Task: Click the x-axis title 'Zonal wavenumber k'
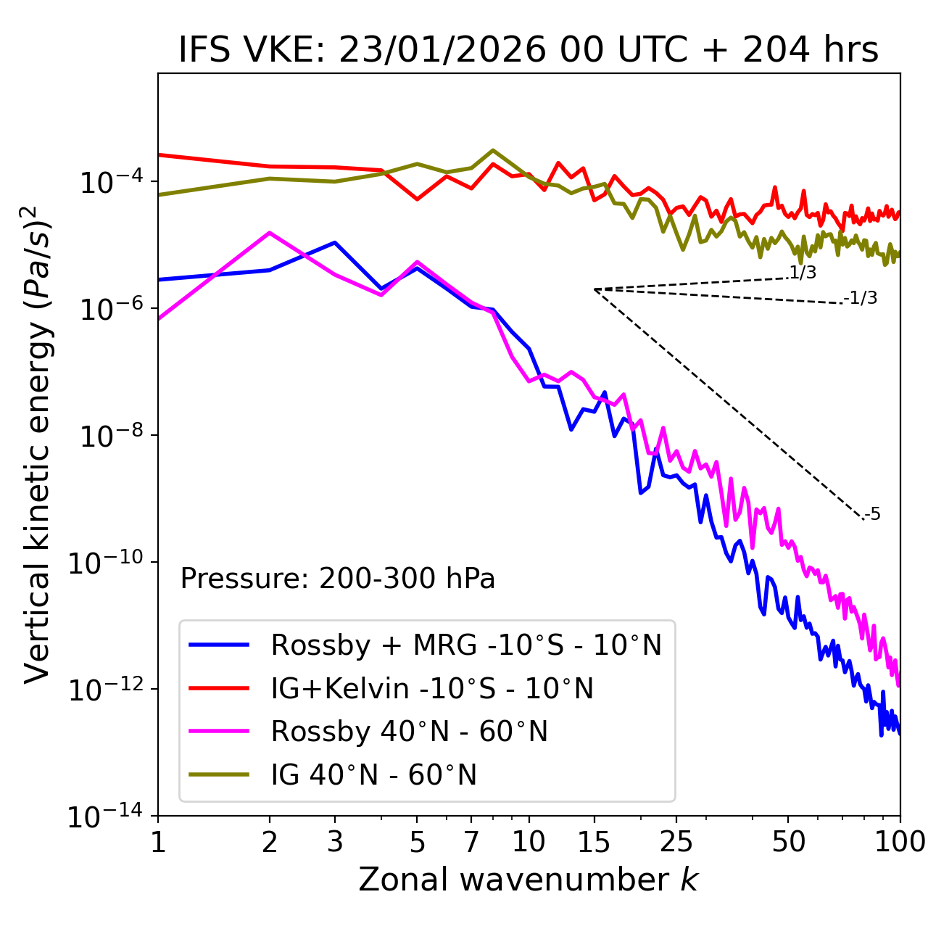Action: coord(528,879)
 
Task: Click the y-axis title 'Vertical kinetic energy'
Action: coord(38,444)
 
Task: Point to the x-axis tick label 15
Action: coord(594,842)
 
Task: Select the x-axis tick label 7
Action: coord(471,842)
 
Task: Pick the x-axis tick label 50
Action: coord(788,842)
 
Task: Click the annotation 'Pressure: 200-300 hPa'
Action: coord(338,579)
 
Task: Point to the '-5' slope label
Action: coord(872,515)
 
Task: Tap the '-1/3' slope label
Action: coord(861,298)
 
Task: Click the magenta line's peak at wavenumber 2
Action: coord(270,233)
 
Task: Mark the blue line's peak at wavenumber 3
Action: coord(334,242)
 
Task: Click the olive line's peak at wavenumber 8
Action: coord(493,151)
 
